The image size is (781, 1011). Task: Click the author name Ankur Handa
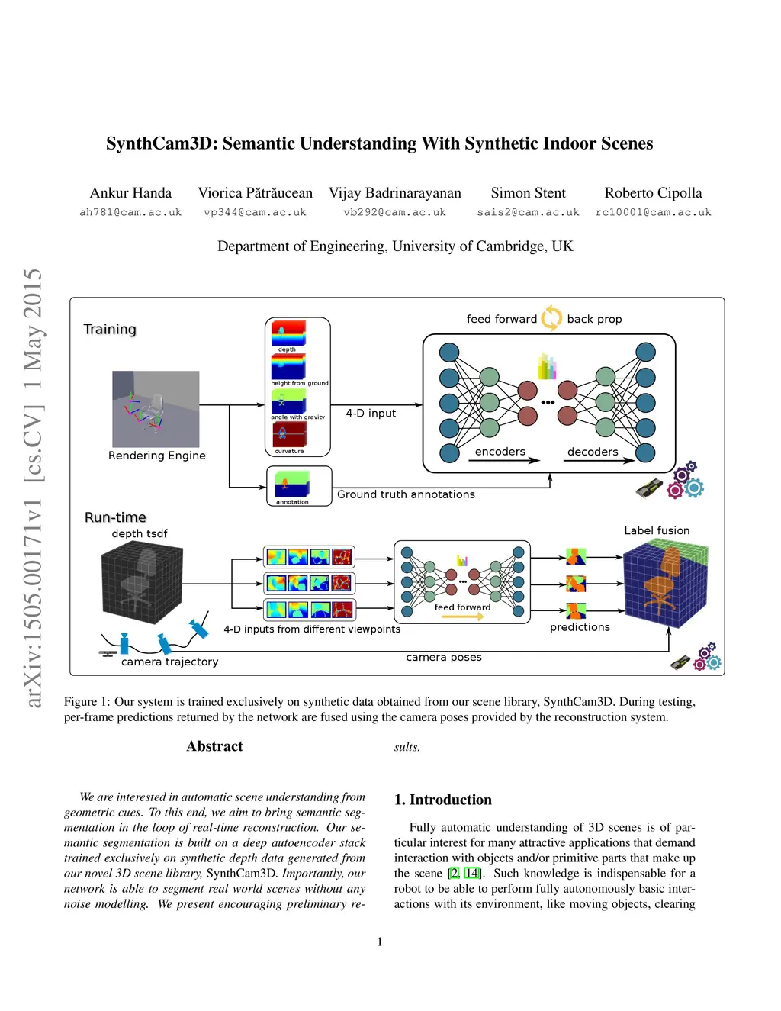tap(130, 193)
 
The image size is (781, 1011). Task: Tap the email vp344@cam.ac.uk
tap(255, 213)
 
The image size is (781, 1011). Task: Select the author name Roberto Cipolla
tap(653, 193)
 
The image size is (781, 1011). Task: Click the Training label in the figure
tap(110, 330)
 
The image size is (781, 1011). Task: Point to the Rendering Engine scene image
tap(156, 409)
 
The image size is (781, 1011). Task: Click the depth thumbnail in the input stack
tap(288, 333)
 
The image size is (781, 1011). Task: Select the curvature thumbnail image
tap(289, 434)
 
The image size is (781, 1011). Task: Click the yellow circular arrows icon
tap(551, 318)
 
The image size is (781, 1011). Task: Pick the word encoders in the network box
tap(500, 452)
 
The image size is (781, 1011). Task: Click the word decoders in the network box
tap(593, 452)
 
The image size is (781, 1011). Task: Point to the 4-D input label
tap(371, 414)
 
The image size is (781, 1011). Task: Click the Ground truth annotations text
tap(406, 494)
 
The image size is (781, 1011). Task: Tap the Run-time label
tap(115, 517)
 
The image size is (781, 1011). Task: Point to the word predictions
tap(580, 627)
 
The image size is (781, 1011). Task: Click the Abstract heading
tap(214, 746)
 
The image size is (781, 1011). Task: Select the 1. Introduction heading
tap(442, 800)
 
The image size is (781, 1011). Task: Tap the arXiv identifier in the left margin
tap(33, 488)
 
